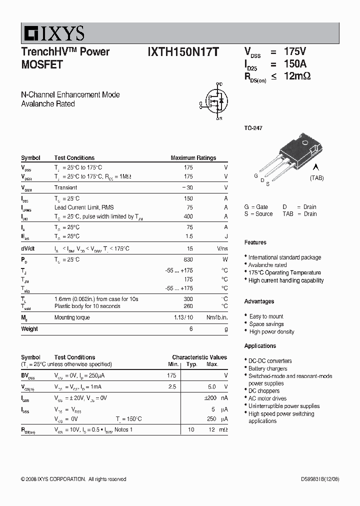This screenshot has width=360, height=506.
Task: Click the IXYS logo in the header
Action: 52,33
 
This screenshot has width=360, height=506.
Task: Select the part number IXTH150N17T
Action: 183,52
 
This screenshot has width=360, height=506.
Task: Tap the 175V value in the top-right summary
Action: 294,51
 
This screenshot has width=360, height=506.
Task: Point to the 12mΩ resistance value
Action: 297,76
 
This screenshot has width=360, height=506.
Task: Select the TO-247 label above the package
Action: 253,128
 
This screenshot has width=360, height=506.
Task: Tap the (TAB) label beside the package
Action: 316,178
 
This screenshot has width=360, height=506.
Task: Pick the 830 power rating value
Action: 188,259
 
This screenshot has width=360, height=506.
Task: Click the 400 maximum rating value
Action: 188,216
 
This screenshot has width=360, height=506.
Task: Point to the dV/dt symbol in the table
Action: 28,248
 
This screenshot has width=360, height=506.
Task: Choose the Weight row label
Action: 29,329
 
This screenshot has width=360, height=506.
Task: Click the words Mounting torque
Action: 72,317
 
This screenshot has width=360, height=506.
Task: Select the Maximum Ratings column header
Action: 193,158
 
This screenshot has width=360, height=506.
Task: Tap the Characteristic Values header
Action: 199,357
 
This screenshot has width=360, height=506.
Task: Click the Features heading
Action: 255,242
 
